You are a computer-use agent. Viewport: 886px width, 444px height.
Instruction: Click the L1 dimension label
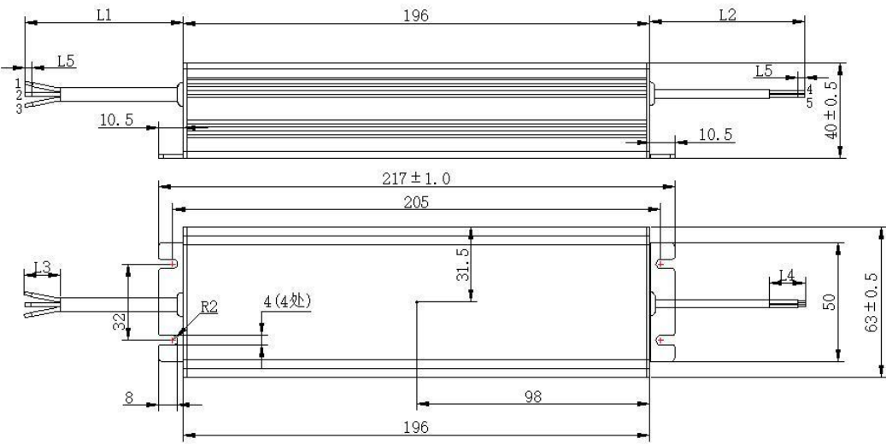104,15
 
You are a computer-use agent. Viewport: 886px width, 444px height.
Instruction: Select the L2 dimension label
727,15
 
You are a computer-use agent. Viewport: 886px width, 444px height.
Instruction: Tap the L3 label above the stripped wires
43,266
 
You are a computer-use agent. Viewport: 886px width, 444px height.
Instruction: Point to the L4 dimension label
787,275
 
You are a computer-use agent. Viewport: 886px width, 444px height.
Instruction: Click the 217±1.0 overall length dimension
416,178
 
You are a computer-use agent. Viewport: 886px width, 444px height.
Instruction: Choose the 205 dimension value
416,202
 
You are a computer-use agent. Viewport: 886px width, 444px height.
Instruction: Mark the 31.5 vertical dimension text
462,264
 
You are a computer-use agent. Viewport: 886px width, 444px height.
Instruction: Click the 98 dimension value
533,396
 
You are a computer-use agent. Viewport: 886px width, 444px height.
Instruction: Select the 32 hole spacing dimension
120,322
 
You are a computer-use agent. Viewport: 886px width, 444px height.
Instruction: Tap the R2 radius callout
209,307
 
